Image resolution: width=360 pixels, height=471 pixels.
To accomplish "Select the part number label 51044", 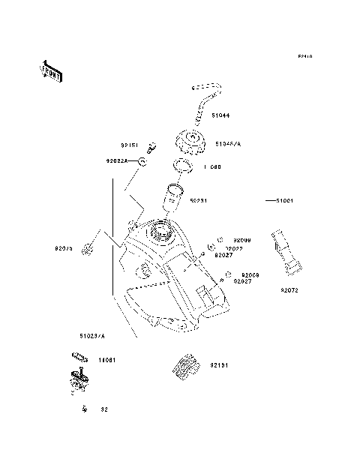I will (220, 116).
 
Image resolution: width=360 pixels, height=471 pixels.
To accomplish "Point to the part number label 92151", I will (129, 145).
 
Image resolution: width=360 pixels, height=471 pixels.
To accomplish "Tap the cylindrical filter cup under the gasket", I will (174, 200).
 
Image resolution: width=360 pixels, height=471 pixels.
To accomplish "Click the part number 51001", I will (284, 201).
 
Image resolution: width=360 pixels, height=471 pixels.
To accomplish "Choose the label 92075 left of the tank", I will (63, 247).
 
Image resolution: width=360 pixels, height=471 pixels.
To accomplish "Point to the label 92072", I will (290, 289).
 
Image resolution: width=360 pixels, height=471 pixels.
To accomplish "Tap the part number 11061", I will (107, 359).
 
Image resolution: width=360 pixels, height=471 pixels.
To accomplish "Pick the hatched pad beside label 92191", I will (183, 364).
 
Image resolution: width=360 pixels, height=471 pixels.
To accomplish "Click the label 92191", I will (219, 365).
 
